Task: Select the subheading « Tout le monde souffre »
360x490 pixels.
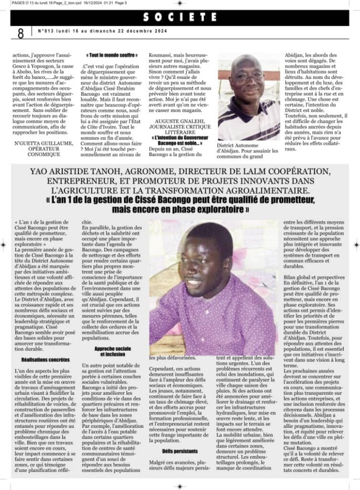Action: point(110,55)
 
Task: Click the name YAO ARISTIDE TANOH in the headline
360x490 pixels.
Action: point(74,171)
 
